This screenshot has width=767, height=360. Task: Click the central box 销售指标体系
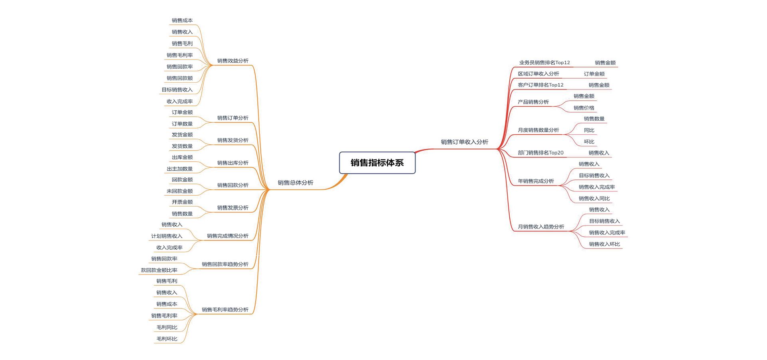(x=377, y=163)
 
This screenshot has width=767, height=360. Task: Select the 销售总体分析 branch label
(x=295, y=183)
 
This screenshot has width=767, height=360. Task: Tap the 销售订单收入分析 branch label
(x=464, y=142)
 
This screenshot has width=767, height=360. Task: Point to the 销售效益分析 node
(x=232, y=61)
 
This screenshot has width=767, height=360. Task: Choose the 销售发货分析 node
(x=232, y=140)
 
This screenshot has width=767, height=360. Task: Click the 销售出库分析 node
(x=232, y=163)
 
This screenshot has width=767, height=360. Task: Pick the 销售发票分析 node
(x=232, y=208)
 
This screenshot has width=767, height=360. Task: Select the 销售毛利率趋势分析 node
(x=225, y=310)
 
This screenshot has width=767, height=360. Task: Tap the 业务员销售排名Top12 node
(x=544, y=63)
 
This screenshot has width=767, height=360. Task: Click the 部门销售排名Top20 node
(x=540, y=153)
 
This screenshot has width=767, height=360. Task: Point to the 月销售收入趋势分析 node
(x=541, y=227)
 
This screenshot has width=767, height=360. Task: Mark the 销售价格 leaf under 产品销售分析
(x=584, y=108)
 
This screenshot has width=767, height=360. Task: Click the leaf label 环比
(x=589, y=142)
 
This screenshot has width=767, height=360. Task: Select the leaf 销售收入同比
(x=594, y=199)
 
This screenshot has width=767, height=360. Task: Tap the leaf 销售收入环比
(x=604, y=244)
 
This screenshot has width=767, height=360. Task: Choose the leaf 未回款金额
(x=179, y=191)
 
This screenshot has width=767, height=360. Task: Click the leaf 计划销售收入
(x=167, y=236)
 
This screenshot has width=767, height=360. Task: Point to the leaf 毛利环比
(x=167, y=339)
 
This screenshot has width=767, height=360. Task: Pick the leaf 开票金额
(x=182, y=202)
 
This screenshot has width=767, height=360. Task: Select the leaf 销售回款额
(x=179, y=78)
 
